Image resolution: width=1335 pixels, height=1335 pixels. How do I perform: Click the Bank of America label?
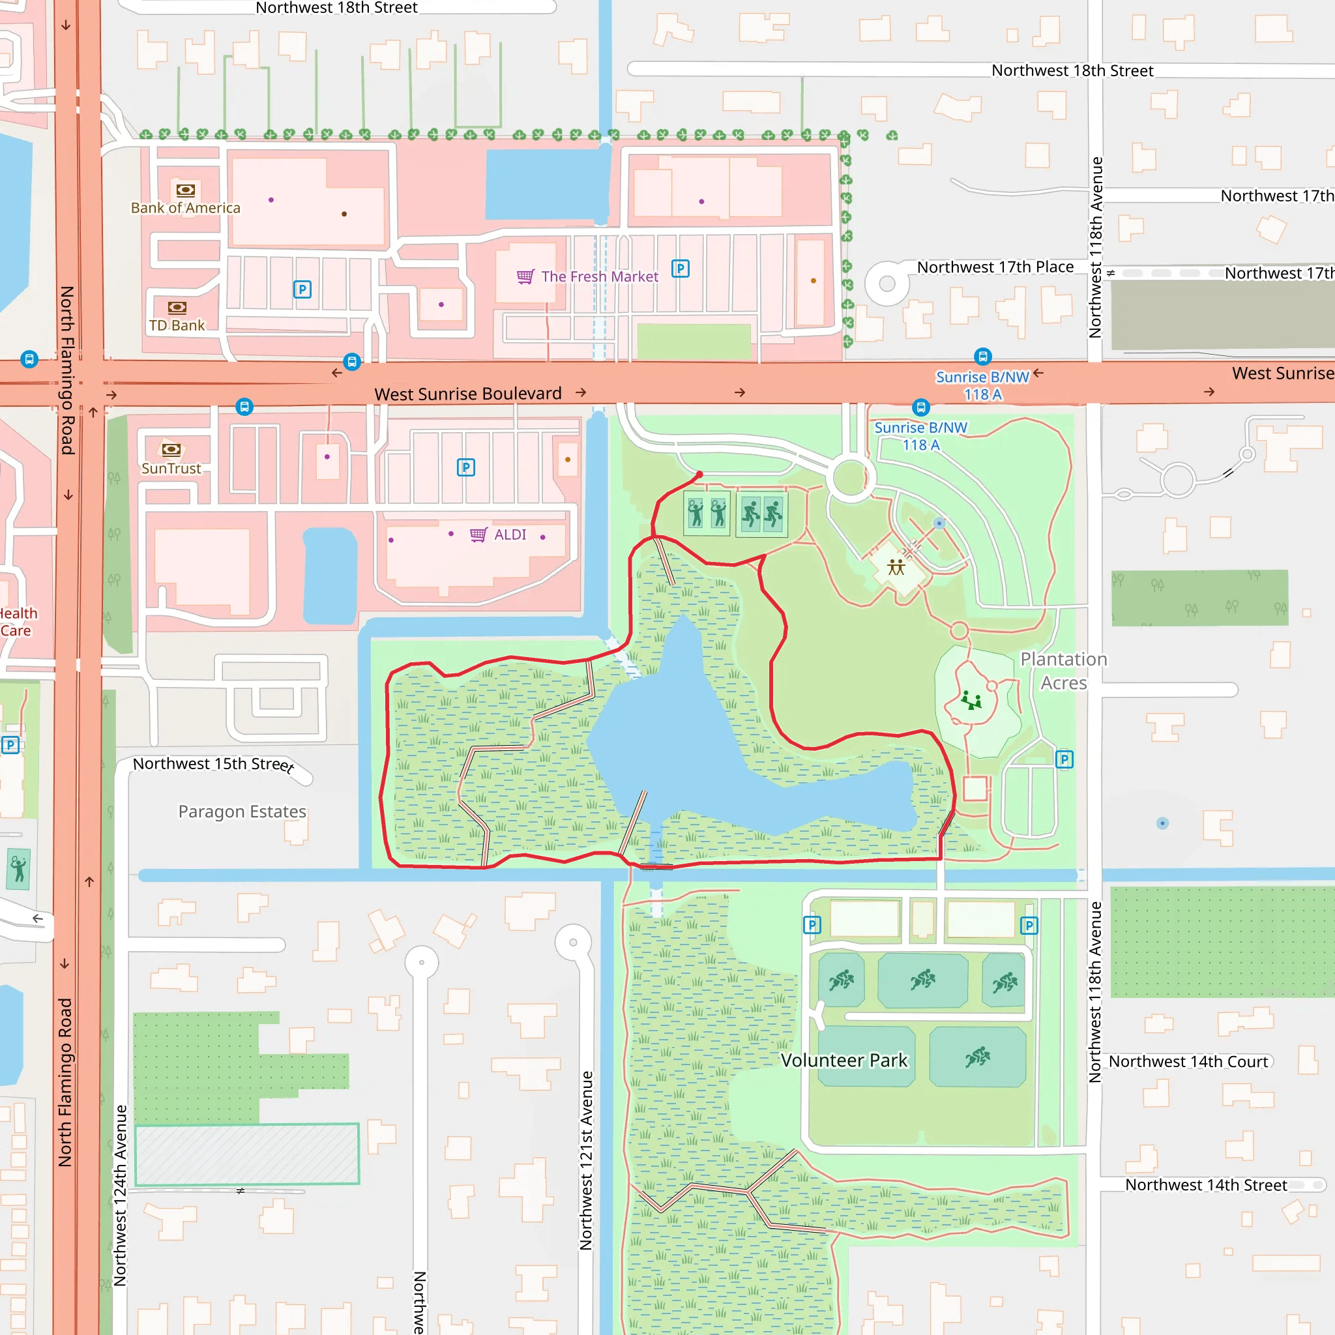point(185,208)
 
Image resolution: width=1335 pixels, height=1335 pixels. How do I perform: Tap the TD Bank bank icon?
point(177,308)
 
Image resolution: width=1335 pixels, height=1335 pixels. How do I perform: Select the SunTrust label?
point(171,469)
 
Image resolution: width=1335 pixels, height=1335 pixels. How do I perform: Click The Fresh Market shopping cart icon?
point(525,277)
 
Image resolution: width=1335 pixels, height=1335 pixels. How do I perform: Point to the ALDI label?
point(510,535)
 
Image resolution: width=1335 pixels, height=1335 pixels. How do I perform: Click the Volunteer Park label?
point(844,1061)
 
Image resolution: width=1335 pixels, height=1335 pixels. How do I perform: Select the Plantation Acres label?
point(1063,671)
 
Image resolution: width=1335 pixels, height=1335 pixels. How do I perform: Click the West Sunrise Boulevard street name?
point(468,394)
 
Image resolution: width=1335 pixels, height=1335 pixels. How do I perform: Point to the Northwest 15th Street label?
point(213,763)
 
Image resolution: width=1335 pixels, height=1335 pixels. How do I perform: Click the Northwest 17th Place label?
point(995,267)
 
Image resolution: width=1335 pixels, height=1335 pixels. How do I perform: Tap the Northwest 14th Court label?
point(1188,1062)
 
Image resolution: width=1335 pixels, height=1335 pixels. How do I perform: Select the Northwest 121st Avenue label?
point(586,1161)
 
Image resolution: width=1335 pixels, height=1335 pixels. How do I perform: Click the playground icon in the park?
point(971,700)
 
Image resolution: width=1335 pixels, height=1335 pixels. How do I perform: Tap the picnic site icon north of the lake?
point(896,568)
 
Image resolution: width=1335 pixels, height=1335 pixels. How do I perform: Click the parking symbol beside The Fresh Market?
point(681,269)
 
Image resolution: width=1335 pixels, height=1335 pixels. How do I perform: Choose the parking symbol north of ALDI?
point(465,468)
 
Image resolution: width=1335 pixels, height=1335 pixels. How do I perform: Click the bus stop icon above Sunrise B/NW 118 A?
point(982,357)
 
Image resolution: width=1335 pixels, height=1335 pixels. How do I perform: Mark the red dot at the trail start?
point(699,475)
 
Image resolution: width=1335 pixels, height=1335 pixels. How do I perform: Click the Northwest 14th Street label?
point(1206,1186)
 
